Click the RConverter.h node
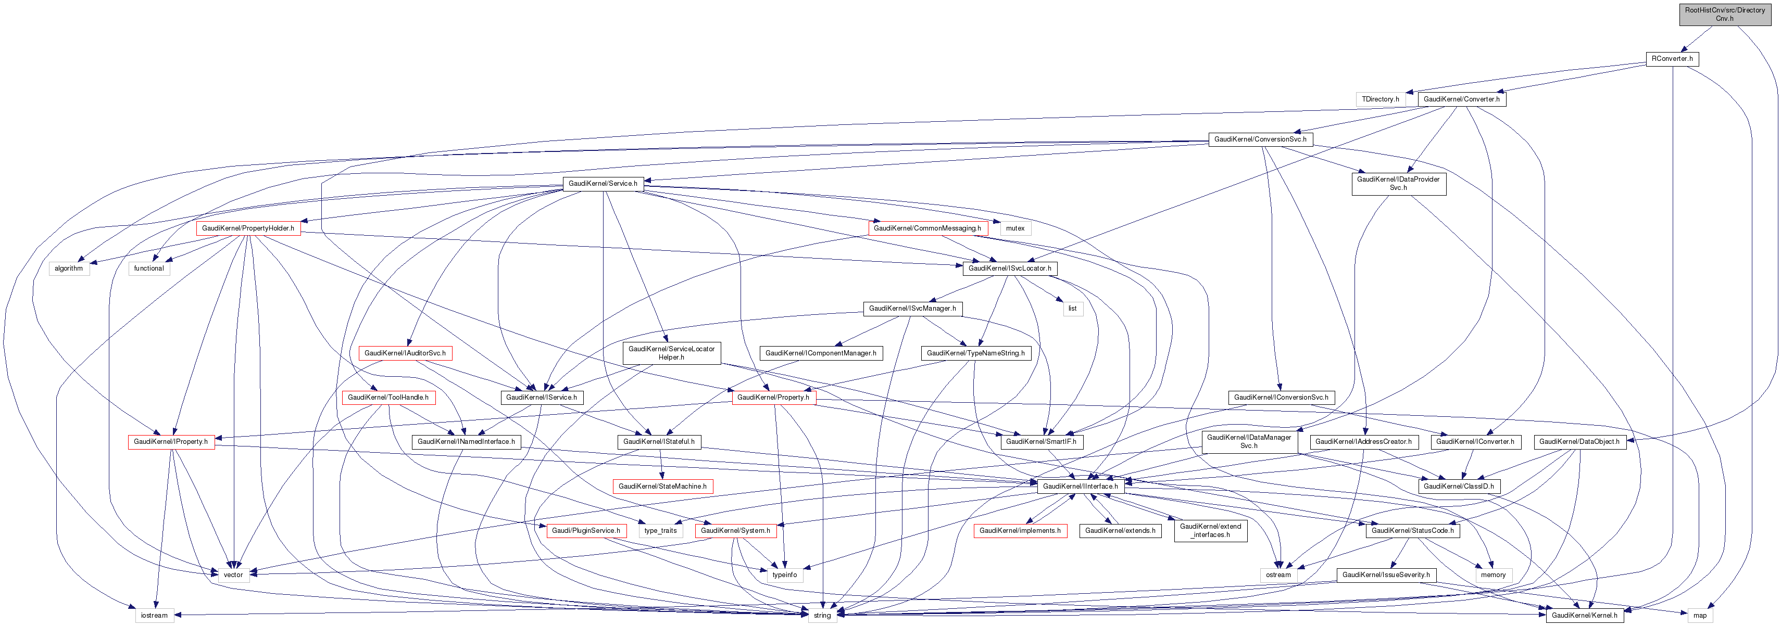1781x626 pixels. click(x=1672, y=59)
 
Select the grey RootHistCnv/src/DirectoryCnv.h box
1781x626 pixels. click(x=1724, y=15)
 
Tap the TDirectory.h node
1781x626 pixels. click(x=1380, y=99)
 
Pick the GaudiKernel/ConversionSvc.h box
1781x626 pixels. click(x=1260, y=139)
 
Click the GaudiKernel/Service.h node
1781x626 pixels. click(x=603, y=184)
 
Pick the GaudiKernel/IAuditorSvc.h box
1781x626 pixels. click(x=405, y=354)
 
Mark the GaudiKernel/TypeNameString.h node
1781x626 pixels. click(x=975, y=354)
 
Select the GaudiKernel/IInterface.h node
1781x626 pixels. click(x=1080, y=487)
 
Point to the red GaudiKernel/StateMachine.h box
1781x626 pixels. click(x=662, y=487)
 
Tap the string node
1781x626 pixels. click(x=822, y=616)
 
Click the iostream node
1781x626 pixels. click(x=154, y=616)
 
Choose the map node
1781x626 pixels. click(x=1699, y=616)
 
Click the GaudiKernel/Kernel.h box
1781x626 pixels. click(x=1584, y=616)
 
